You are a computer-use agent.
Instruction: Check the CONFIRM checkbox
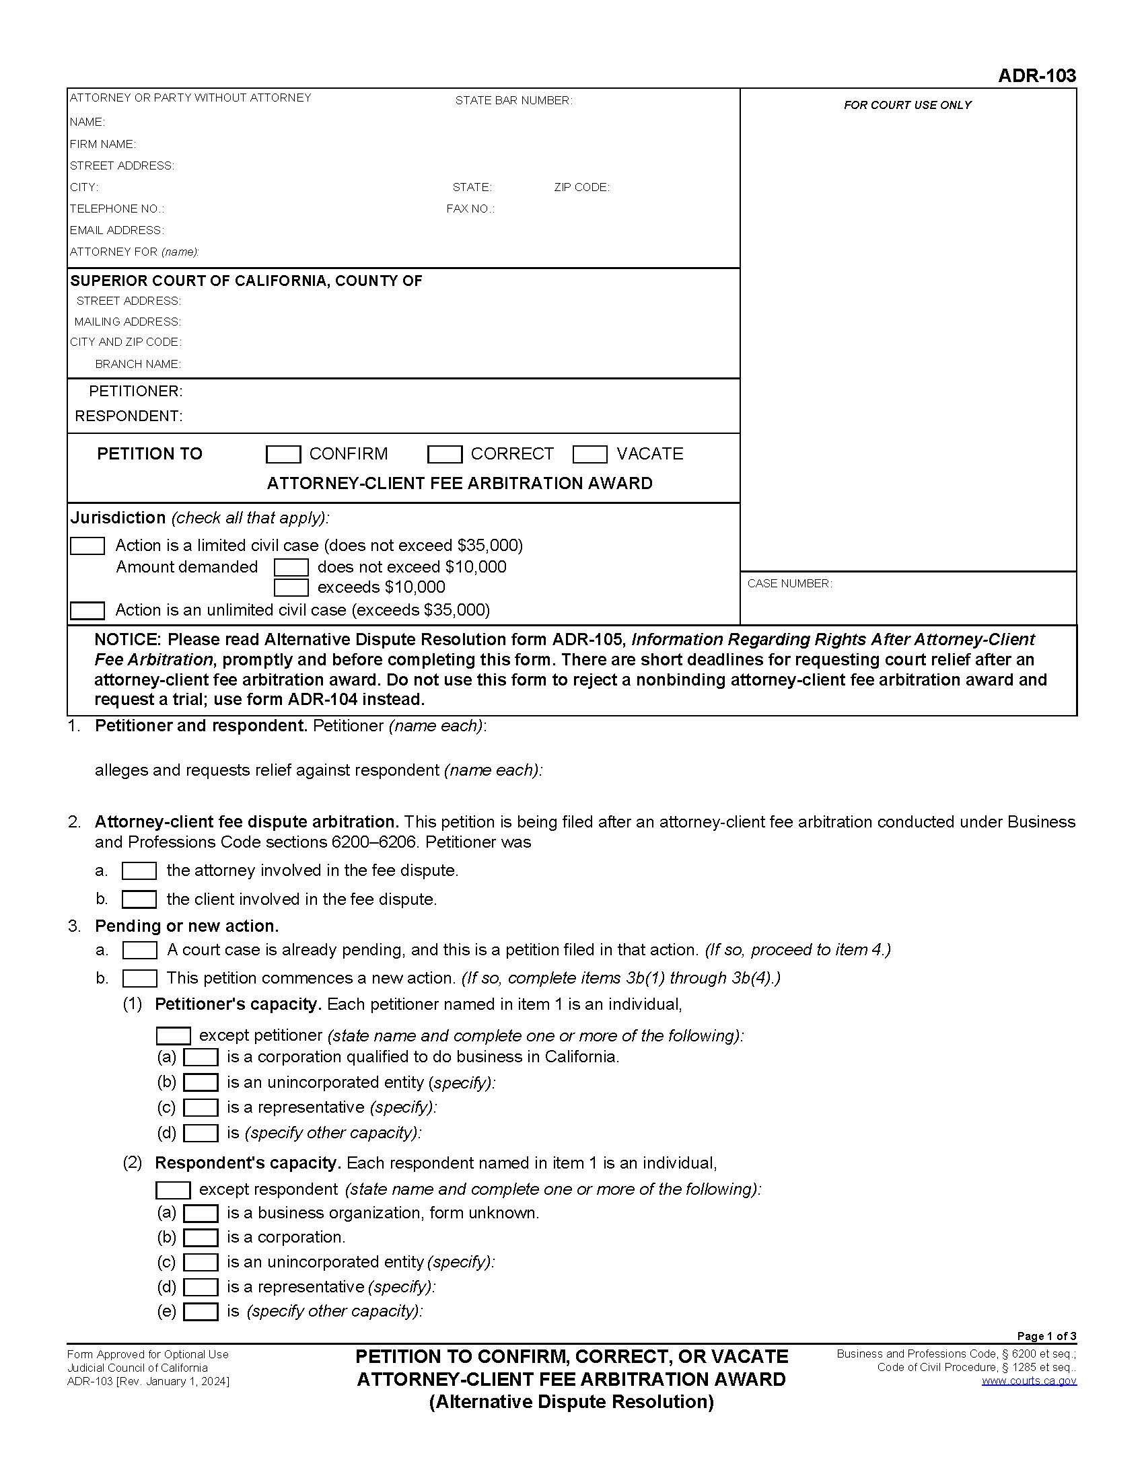[x=283, y=454]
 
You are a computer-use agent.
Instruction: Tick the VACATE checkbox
[x=589, y=454]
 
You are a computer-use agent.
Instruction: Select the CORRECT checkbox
[x=444, y=454]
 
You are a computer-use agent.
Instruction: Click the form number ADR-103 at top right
[x=1036, y=76]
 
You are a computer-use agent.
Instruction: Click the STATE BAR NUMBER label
[x=513, y=101]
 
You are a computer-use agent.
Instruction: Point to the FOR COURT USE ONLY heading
[x=907, y=105]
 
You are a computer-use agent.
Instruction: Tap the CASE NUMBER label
[x=789, y=583]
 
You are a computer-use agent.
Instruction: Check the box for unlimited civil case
[x=87, y=611]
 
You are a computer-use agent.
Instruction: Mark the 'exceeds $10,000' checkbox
[x=291, y=587]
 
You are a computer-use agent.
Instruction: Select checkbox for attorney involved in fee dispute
[x=139, y=871]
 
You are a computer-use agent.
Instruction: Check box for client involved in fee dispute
[x=139, y=899]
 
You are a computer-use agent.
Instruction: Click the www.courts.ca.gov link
[x=1028, y=1381]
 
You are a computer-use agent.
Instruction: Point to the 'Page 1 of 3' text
[x=1046, y=1336]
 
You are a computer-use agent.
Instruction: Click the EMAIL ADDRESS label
[x=116, y=230]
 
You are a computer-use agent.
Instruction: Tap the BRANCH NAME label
[x=137, y=365]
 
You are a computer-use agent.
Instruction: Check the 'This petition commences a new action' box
[x=139, y=979]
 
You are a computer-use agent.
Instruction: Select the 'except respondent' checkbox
[x=173, y=1190]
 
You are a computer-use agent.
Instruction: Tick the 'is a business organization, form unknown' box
[x=201, y=1213]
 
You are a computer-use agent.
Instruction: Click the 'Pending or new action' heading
[x=186, y=926]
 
